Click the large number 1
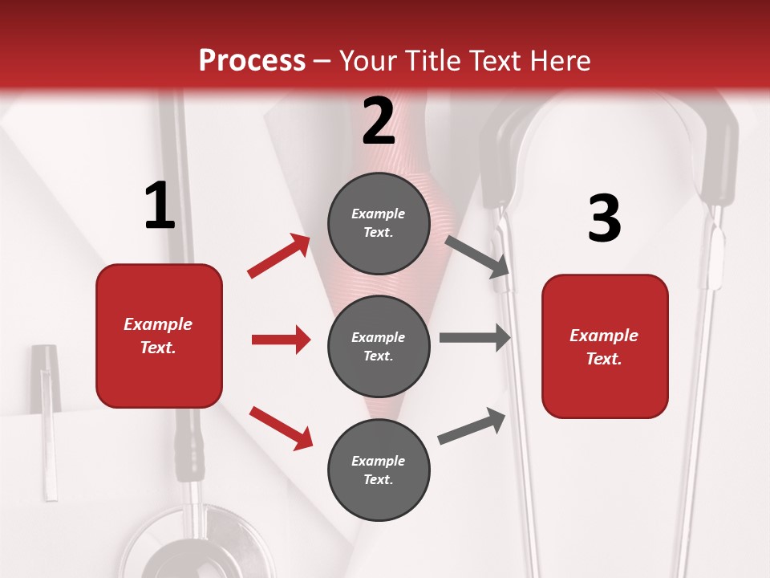click(160, 206)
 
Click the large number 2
click(379, 121)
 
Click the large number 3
click(604, 218)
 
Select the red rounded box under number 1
click(159, 336)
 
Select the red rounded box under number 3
click(605, 346)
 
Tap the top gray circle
click(379, 223)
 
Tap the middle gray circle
click(379, 346)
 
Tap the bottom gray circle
click(379, 470)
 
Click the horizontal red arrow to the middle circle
click(281, 340)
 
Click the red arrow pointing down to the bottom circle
click(281, 427)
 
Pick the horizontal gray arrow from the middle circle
click(475, 338)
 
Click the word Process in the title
click(252, 60)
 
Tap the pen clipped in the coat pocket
click(47, 417)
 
